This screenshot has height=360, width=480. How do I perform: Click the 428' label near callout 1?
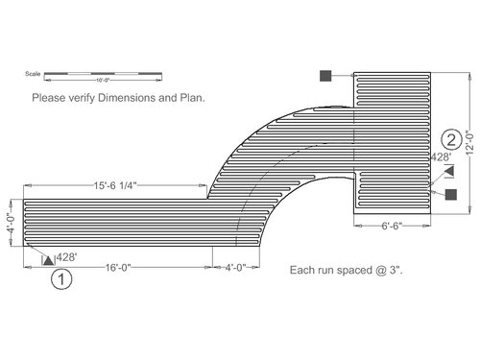[x=66, y=257]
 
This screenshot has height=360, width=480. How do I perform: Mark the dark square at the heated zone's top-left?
[x=326, y=75]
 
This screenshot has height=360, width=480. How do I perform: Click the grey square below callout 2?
[x=450, y=195]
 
